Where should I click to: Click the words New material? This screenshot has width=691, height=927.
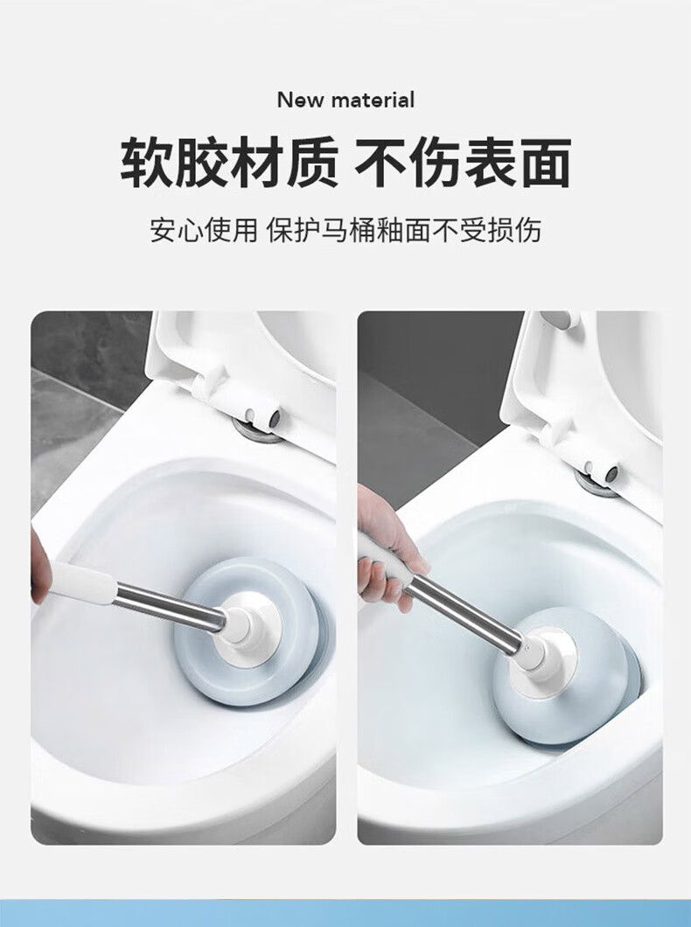[345, 100]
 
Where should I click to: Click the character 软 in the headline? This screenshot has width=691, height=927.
[147, 162]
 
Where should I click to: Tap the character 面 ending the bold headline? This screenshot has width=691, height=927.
[546, 162]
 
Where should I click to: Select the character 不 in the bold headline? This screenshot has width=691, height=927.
[380, 162]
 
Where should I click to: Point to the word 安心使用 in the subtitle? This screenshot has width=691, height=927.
[203, 230]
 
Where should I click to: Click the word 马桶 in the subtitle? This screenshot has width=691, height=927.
[348, 230]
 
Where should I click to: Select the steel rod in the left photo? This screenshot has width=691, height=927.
[169, 604]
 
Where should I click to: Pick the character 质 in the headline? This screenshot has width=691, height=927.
[311, 162]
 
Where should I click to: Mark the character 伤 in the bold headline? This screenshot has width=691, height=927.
[433, 162]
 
